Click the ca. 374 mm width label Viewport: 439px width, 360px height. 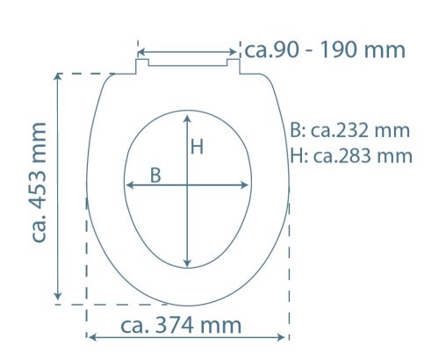click(181, 325)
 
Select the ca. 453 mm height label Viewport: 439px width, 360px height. click(39, 183)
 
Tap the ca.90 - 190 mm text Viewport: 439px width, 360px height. click(325, 50)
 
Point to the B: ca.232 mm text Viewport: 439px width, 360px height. click(349, 130)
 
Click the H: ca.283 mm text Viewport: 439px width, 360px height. click(351, 155)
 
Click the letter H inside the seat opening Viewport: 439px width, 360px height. click(197, 147)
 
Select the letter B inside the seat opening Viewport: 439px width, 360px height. click(155, 176)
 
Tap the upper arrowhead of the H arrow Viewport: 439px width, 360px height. click(188, 119)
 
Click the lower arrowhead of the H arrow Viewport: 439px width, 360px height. click(188, 263)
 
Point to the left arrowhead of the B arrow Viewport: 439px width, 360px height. click(130, 185)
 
